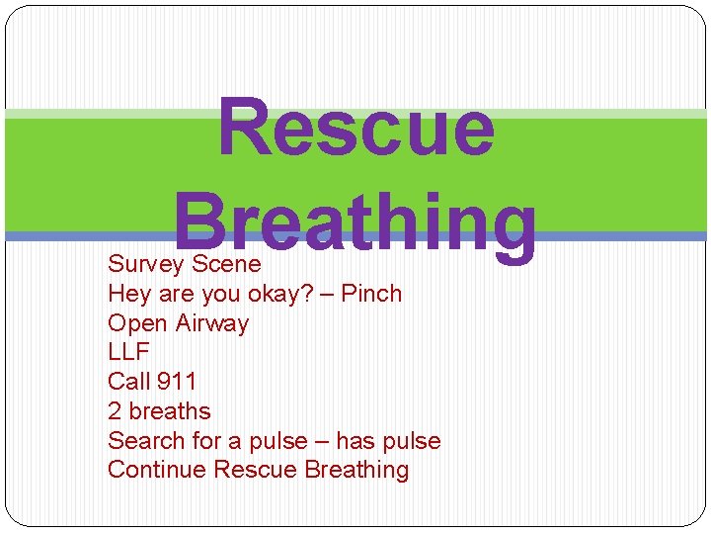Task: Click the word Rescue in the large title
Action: [355, 129]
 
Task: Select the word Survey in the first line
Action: [146, 264]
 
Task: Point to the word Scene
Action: [226, 264]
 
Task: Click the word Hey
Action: [128, 294]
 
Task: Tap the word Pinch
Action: [371, 294]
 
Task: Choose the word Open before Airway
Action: [137, 323]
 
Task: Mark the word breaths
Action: [170, 411]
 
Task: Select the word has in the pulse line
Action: [356, 441]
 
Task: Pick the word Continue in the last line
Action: [157, 470]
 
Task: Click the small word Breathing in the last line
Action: [357, 470]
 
